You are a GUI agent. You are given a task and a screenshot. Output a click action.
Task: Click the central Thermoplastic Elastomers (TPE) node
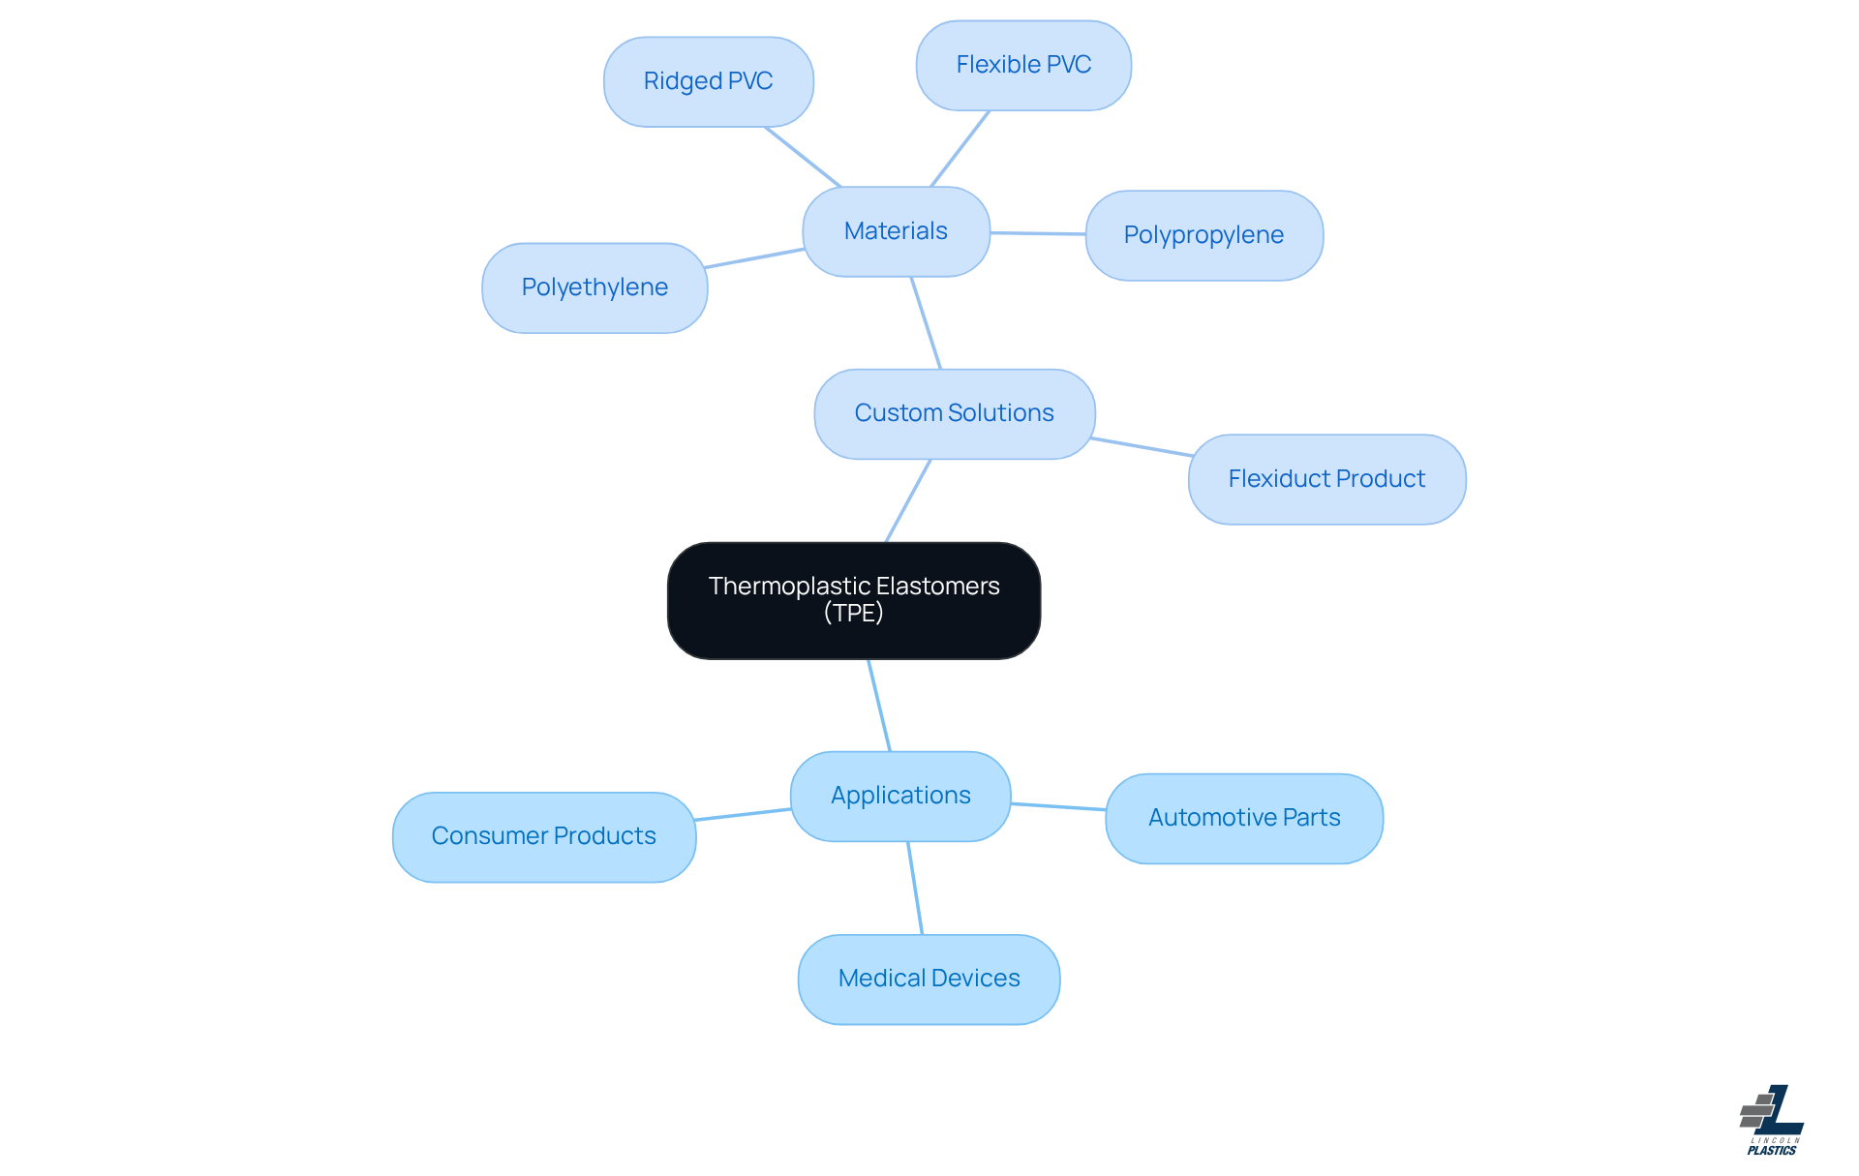(x=853, y=600)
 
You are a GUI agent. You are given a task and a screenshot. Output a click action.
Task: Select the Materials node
(x=896, y=231)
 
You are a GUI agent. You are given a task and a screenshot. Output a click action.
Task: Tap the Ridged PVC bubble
(x=708, y=81)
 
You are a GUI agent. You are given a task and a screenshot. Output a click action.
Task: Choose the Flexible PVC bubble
(x=1023, y=65)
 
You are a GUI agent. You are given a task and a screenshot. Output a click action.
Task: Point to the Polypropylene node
(x=1204, y=235)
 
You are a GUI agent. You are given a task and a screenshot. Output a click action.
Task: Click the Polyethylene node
(x=594, y=287)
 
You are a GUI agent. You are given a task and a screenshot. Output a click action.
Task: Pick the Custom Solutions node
(x=954, y=413)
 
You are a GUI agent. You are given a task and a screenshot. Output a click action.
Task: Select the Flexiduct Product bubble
(x=1326, y=479)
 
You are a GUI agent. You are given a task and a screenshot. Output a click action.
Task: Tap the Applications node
(x=900, y=796)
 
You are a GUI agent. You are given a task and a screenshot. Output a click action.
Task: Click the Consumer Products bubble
(x=543, y=836)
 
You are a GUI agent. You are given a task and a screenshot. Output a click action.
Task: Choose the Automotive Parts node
(x=1244, y=818)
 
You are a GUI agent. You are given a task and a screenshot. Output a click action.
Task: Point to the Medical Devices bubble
(x=929, y=979)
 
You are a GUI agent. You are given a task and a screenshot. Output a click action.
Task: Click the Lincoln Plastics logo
(x=1772, y=1120)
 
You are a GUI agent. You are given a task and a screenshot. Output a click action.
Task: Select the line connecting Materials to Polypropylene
(x=1038, y=233)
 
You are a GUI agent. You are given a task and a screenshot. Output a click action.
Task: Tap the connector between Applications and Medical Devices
(x=915, y=888)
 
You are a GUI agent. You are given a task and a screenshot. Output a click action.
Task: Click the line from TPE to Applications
(x=879, y=706)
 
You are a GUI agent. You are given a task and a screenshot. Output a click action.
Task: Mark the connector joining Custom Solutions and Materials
(x=926, y=322)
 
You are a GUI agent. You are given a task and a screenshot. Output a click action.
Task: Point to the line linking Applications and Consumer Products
(x=743, y=814)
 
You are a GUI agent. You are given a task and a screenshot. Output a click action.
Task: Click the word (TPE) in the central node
(x=853, y=614)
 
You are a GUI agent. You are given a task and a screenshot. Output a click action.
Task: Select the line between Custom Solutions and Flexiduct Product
(x=1142, y=447)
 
